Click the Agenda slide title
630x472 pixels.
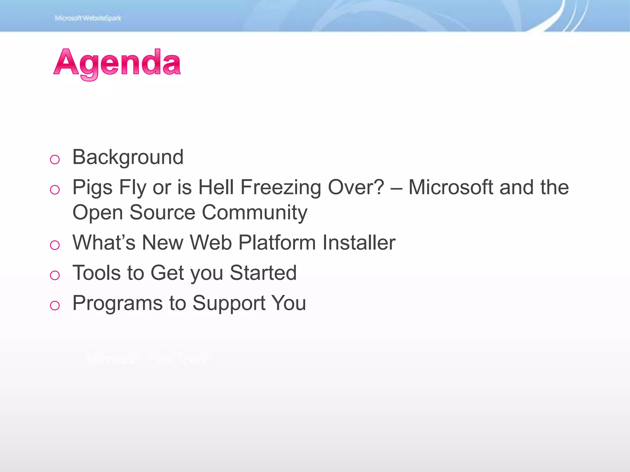pyautogui.click(x=117, y=63)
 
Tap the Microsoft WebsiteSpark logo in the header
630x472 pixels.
pyautogui.click(x=88, y=18)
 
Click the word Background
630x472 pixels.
pyautogui.click(x=128, y=157)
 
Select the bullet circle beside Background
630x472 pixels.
pyautogui.click(x=55, y=159)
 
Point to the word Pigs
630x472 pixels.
pyautogui.click(x=92, y=187)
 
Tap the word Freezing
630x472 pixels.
pyautogui.click(x=281, y=187)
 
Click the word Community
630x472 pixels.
pyautogui.click(x=254, y=213)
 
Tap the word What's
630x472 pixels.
pyautogui.click(x=104, y=242)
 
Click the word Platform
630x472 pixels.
pyautogui.click(x=277, y=242)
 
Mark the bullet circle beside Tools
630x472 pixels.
pyautogui.click(x=55, y=275)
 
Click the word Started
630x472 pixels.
pyautogui.click(x=263, y=273)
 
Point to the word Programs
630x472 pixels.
pyautogui.click(x=118, y=304)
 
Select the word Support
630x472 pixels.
pyautogui.click(x=229, y=304)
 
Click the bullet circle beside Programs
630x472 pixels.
pyautogui.click(x=55, y=305)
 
